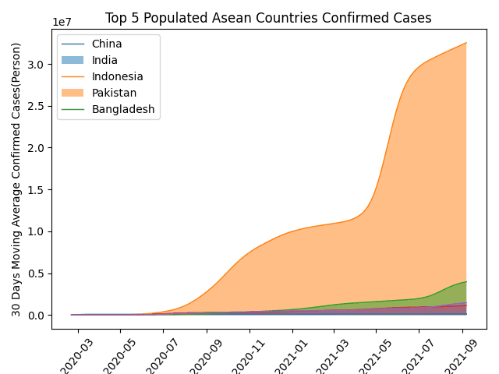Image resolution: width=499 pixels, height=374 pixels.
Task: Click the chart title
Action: tap(268, 18)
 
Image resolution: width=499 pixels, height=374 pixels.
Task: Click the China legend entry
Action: tap(107, 44)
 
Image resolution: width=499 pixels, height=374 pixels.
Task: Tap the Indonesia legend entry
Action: tap(117, 76)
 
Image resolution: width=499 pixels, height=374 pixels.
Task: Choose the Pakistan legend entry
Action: tap(114, 93)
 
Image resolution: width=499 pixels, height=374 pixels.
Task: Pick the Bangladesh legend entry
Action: tap(123, 109)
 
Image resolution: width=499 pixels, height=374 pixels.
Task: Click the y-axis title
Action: tap(16, 179)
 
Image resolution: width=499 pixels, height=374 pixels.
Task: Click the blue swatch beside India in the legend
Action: tap(71, 60)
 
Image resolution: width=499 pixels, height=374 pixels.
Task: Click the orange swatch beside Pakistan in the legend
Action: tap(71, 93)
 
